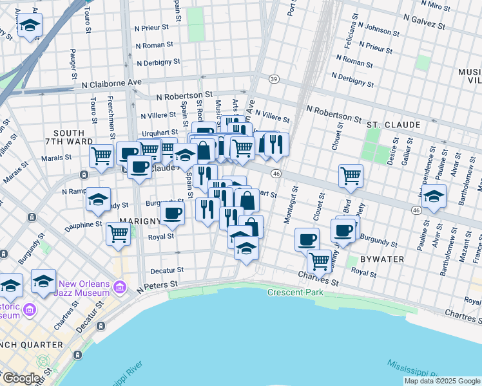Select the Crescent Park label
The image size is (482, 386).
click(x=296, y=293)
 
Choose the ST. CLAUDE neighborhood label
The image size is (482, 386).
click(x=394, y=124)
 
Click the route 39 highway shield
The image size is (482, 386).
click(x=274, y=79)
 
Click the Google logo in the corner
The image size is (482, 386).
click(x=21, y=378)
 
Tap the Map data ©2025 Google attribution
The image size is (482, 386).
click(x=441, y=381)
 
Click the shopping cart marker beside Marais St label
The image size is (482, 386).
click(x=101, y=155)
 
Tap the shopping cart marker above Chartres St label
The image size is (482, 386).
click(x=319, y=261)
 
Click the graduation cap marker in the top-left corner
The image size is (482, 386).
click(x=29, y=26)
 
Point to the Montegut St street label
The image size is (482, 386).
click(x=288, y=206)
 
